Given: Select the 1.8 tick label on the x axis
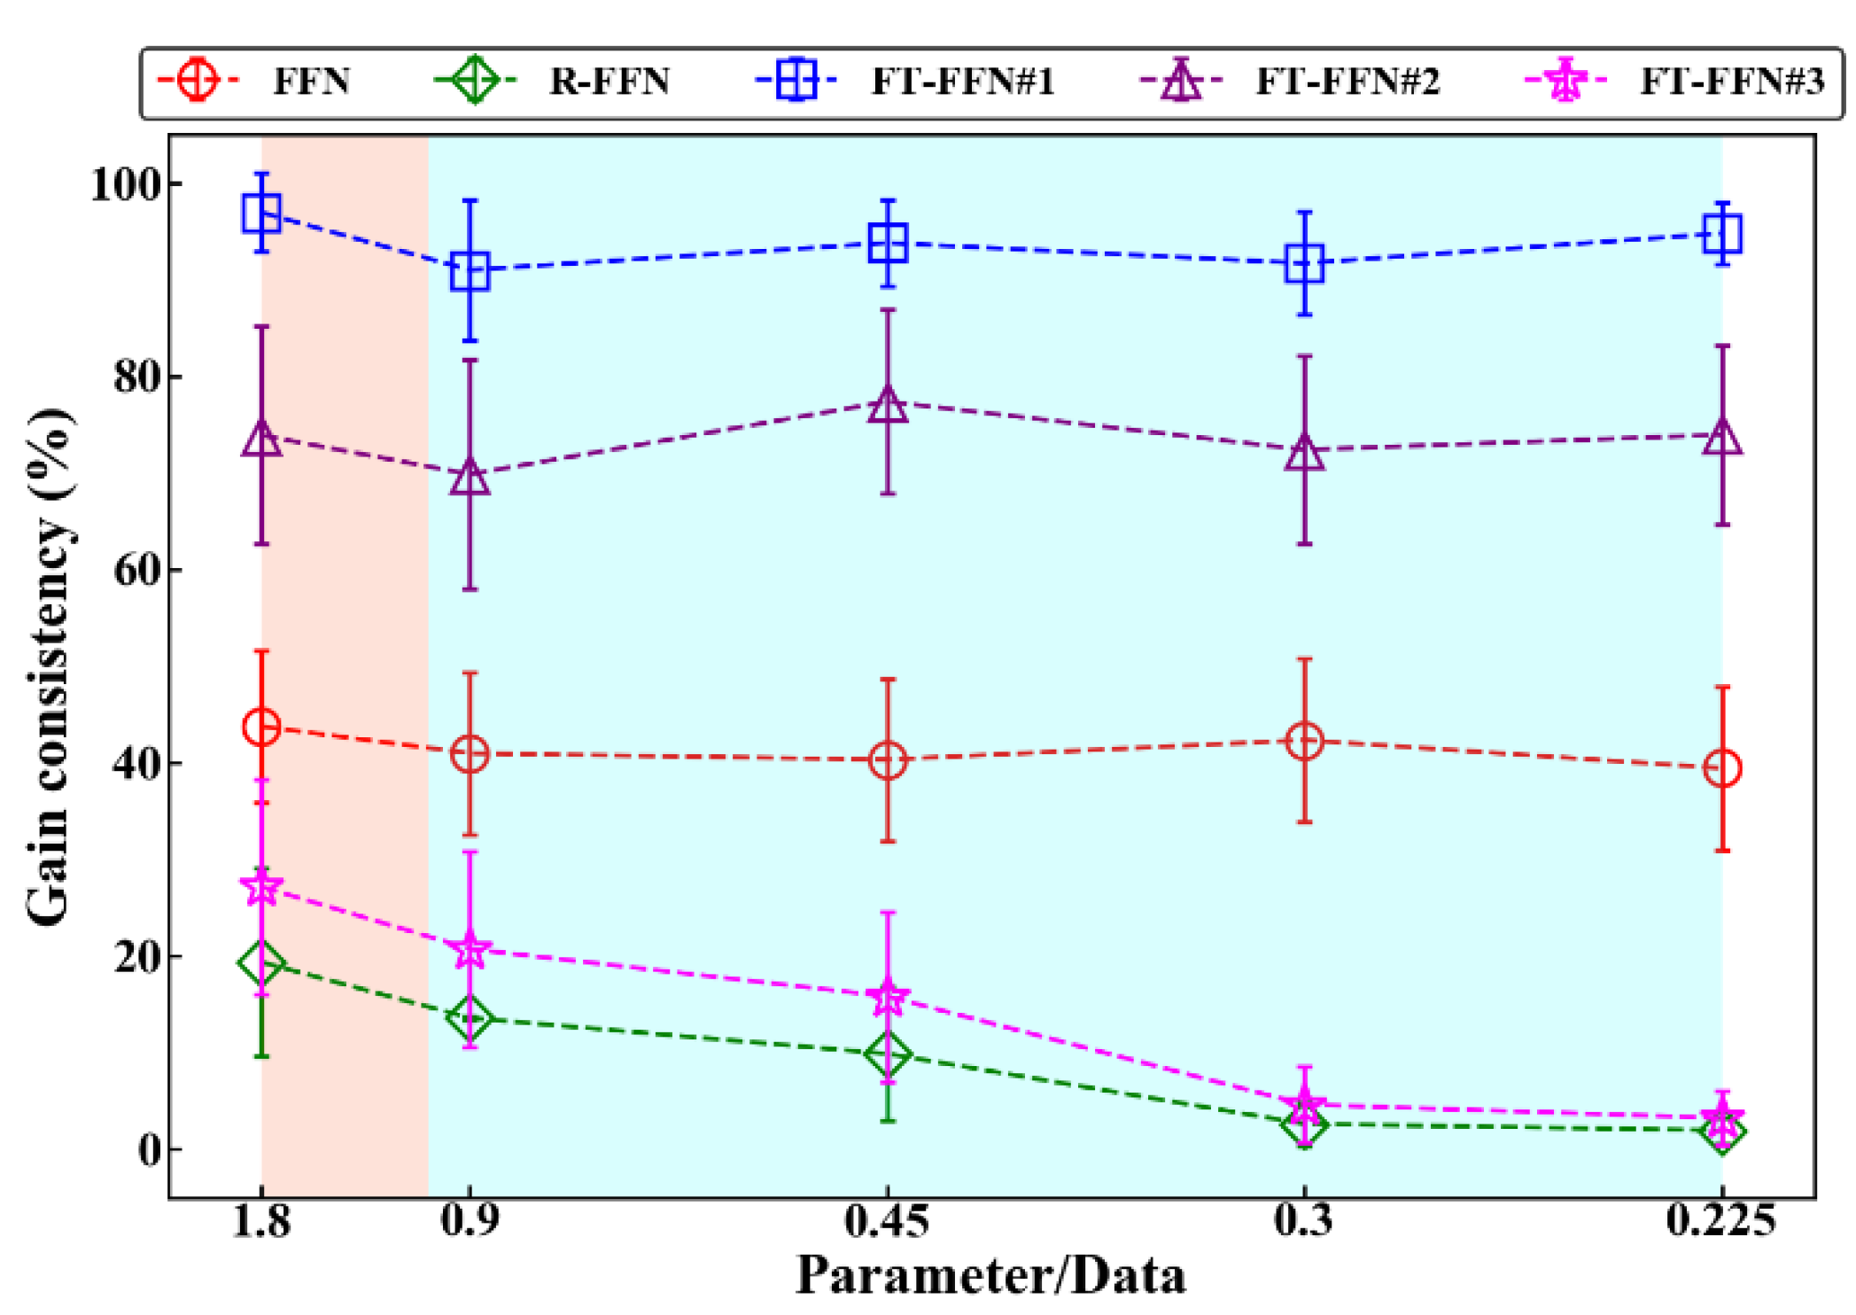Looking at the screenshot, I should [261, 1221].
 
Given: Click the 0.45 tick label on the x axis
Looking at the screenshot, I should [887, 1221].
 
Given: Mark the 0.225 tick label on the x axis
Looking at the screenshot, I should [1720, 1221].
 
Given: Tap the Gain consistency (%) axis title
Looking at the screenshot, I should [49, 666].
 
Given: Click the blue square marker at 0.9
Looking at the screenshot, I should [470, 270].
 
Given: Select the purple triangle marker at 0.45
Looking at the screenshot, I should [888, 405].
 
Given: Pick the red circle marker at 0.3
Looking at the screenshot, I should [1304, 741].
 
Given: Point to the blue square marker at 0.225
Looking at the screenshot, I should [1722, 234].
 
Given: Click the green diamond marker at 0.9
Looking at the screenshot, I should [470, 1018].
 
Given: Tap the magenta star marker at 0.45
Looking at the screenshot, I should [888, 998].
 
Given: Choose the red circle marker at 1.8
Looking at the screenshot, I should [261, 728].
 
